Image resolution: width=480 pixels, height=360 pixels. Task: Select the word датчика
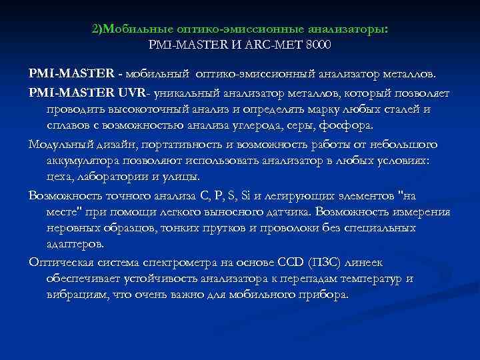pos(291,212)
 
